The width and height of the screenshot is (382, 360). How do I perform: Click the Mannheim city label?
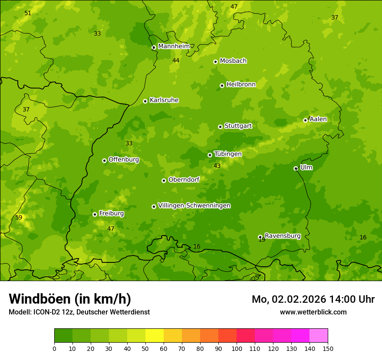point(174,46)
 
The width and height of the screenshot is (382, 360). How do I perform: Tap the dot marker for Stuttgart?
point(220,127)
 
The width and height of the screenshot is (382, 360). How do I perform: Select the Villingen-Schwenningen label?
point(194,206)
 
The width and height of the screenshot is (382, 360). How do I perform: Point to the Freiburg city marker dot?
point(95,214)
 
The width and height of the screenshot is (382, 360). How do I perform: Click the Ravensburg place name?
point(282,236)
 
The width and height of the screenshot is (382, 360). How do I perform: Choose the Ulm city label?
point(306,167)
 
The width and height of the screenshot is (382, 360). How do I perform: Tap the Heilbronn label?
point(241,85)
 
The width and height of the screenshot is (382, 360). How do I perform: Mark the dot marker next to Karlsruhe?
point(145,101)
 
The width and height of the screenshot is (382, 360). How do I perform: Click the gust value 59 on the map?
point(19,217)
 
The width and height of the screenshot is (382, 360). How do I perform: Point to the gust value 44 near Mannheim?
point(176,60)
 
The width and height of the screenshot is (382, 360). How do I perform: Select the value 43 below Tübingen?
point(217,166)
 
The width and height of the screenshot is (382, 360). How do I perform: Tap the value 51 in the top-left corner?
point(28,13)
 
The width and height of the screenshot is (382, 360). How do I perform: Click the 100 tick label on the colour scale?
point(237,348)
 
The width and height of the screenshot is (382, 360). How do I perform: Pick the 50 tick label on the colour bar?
point(145,348)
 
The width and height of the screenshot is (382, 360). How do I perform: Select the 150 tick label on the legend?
point(327,348)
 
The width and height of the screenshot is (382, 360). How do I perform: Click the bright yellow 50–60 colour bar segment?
point(155,336)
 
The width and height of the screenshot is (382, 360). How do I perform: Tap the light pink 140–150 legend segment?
point(319,336)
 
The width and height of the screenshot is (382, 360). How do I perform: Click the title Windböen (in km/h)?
point(70,299)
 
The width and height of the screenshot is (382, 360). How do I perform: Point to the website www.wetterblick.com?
point(313,312)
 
